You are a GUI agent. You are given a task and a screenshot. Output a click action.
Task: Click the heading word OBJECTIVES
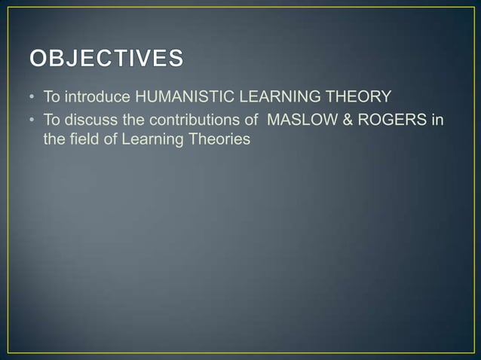pyautogui.click(x=106, y=58)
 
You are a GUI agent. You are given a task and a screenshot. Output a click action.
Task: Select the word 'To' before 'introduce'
pyautogui.click(x=51, y=97)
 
